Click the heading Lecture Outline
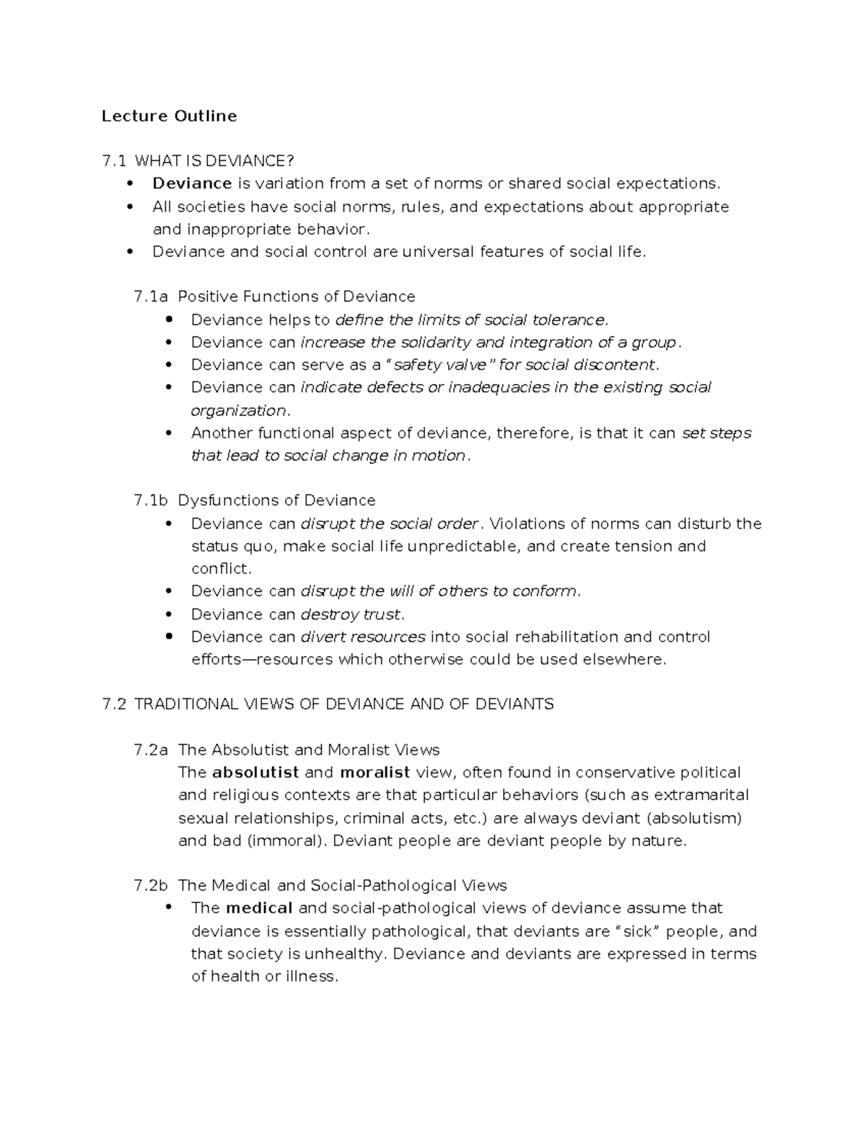[x=169, y=116]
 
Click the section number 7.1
[x=114, y=161]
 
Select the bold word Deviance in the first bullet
[x=191, y=183]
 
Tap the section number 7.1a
[x=151, y=297]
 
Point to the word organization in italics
[x=239, y=411]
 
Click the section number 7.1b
[x=151, y=500]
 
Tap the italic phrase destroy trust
[x=350, y=614]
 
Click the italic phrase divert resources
[x=363, y=637]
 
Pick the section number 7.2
[x=114, y=704]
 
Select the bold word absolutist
[x=255, y=772]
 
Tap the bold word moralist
[x=375, y=772]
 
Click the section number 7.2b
[x=151, y=886]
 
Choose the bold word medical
[x=259, y=908]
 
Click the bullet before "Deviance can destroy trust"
[x=170, y=614]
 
